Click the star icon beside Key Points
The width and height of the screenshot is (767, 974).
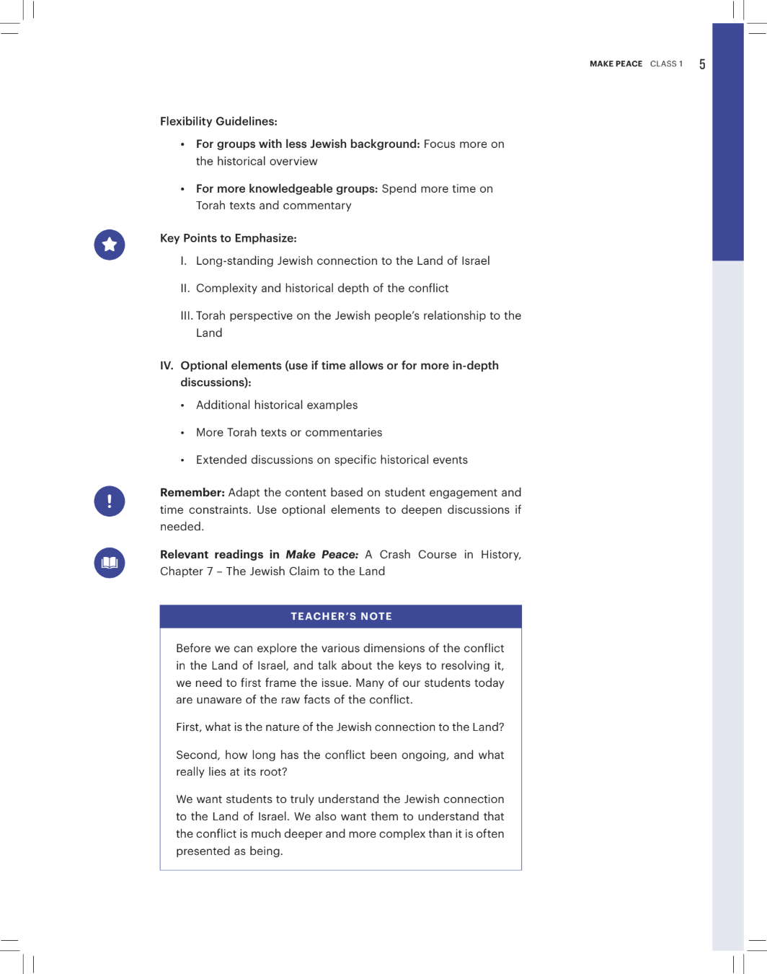tap(110, 245)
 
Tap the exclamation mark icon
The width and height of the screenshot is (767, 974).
tap(110, 501)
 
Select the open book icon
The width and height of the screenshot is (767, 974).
tap(110, 563)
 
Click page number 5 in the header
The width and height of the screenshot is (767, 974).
tap(702, 64)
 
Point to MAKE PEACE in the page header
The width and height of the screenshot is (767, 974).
tap(616, 64)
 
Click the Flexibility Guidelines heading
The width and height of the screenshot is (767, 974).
tap(218, 121)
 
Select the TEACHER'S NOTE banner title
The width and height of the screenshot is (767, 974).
tap(341, 616)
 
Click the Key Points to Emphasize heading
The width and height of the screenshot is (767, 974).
tap(228, 238)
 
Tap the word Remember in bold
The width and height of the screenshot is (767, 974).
tap(192, 493)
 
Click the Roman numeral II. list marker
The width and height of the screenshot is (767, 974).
tap(185, 289)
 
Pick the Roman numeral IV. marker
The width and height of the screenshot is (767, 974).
tap(167, 366)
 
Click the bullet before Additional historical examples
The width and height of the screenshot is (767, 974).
tap(182, 405)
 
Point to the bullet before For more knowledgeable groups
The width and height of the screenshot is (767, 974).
tap(182, 189)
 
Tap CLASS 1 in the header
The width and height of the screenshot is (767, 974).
tap(666, 64)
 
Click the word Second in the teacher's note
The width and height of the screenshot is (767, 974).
tap(197, 755)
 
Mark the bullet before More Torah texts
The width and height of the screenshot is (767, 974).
tap(182, 433)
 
